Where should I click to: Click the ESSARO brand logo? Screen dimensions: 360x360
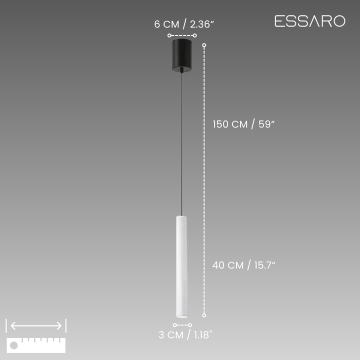point(310,21)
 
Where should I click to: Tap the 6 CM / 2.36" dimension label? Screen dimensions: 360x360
point(184,24)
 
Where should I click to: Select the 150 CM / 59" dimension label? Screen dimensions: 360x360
point(243,124)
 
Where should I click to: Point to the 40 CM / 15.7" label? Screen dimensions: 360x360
point(243,265)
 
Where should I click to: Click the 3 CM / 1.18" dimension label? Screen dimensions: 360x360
point(185,334)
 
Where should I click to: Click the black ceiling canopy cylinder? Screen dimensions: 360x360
point(182,55)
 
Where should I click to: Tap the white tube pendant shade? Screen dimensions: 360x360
point(181,267)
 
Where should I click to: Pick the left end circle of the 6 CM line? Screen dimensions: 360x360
point(169,35)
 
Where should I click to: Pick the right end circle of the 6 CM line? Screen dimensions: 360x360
point(194,35)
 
